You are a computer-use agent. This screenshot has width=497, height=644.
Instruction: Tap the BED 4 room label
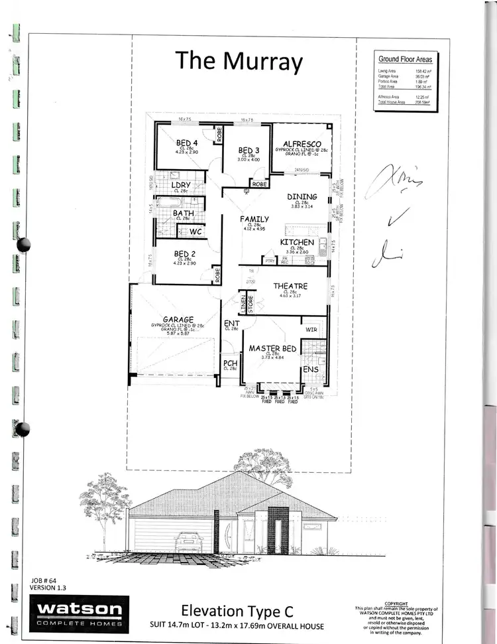[x=187, y=143]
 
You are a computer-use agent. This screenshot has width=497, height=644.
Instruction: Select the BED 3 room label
[x=248, y=151]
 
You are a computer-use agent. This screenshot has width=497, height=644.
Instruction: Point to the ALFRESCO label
[x=302, y=143]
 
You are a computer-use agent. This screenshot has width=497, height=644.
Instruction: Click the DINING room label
[x=302, y=196]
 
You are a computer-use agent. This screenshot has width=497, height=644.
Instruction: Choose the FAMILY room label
[x=254, y=219]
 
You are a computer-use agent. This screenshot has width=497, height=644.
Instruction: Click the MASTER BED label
[x=272, y=348]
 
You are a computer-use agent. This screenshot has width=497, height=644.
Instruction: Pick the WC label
[x=195, y=232]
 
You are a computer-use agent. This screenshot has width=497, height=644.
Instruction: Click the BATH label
[x=184, y=213]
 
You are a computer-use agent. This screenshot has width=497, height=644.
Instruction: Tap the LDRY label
[x=182, y=185]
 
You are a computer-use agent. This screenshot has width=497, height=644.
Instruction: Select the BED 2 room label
[x=184, y=253]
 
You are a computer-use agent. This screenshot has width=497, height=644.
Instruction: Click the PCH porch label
[x=231, y=363]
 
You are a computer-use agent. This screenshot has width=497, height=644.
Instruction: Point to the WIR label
[x=312, y=329]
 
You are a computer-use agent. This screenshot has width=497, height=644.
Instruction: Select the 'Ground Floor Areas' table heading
[x=404, y=59]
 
